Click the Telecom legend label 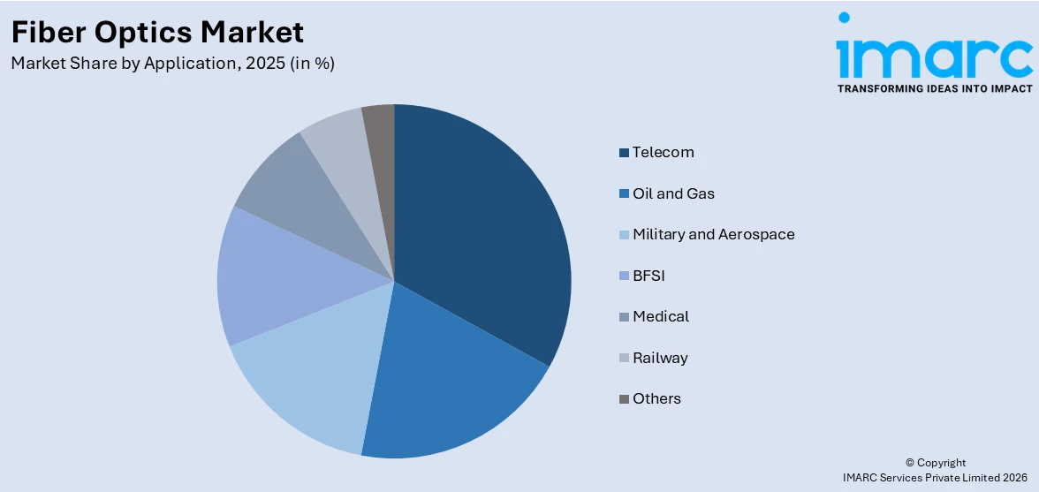click(x=663, y=152)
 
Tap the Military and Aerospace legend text click(x=713, y=234)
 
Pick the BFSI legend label click(x=648, y=276)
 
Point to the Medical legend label click(x=661, y=316)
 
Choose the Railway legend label click(x=660, y=358)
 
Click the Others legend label click(x=656, y=398)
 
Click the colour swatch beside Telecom click(x=625, y=153)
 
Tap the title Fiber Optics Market click(x=157, y=33)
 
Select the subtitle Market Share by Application click(x=172, y=64)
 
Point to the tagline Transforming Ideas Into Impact click(x=934, y=88)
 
